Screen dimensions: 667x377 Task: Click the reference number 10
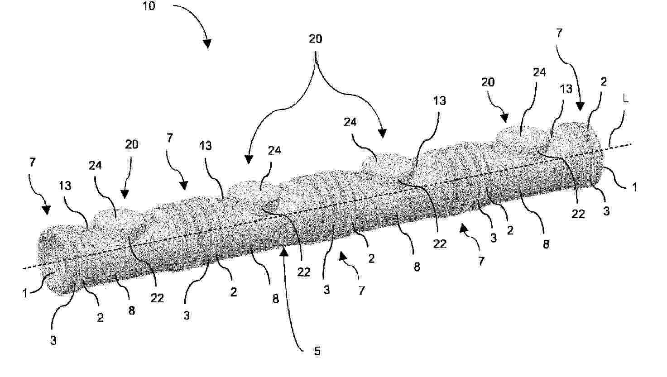point(149,6)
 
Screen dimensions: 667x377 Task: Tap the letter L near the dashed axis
point(626,99)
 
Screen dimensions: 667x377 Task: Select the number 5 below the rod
point(317,351)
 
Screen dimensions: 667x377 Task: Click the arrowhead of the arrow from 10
point(207,44)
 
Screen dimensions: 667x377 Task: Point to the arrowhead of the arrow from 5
point(284,252)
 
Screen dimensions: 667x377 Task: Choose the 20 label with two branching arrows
point(315,38)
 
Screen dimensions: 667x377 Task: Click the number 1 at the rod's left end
point(25,293)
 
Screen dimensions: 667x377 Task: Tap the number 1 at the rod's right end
point(634,187)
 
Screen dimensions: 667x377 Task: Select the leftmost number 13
point(65,186)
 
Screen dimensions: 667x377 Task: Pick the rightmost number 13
point(566,89)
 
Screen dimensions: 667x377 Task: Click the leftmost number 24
point(95,166)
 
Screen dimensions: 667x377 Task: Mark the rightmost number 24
point(539,72)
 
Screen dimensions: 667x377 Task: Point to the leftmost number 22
point(157,298)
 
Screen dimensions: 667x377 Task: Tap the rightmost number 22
point(578,214)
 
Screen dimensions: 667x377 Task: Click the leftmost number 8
point(132,310)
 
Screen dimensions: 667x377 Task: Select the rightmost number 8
point(546,244)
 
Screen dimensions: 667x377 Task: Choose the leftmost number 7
point(33,162)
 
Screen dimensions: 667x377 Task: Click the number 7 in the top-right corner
point(559,33)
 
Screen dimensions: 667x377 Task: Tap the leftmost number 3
point(53,340)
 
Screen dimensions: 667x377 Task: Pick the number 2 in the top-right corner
point(604,82)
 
